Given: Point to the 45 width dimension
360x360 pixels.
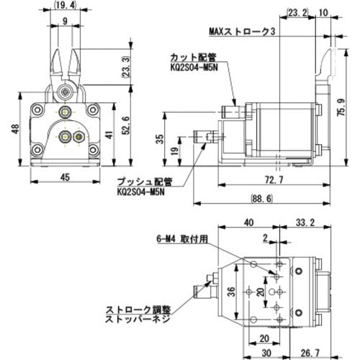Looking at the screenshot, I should pos(65,178).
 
